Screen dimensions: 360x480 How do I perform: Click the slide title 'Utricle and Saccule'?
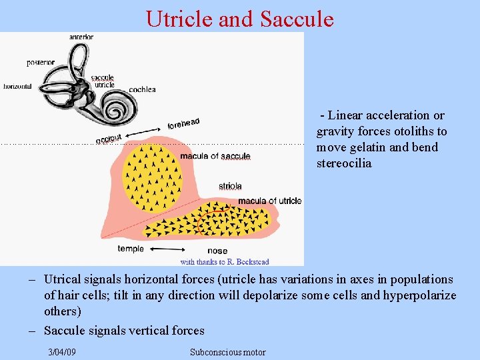239,18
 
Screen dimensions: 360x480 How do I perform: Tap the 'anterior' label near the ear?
81,37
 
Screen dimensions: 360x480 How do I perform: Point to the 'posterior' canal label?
41,63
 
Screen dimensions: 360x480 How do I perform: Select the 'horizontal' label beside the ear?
18,87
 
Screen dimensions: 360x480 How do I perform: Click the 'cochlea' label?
142,89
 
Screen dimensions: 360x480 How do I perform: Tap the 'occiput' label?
109,139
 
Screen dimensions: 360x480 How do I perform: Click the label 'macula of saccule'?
215,157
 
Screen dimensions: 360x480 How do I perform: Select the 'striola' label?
230,186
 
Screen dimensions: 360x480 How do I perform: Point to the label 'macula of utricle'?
269,201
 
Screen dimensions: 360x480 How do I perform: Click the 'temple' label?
131,249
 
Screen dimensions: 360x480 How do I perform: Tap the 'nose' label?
217,251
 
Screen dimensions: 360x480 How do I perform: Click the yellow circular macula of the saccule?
152,177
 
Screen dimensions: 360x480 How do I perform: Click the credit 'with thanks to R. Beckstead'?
225,261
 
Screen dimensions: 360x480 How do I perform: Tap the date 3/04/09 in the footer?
62,352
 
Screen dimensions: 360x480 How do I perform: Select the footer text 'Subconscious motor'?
227,352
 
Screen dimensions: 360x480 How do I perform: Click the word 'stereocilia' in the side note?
343,163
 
